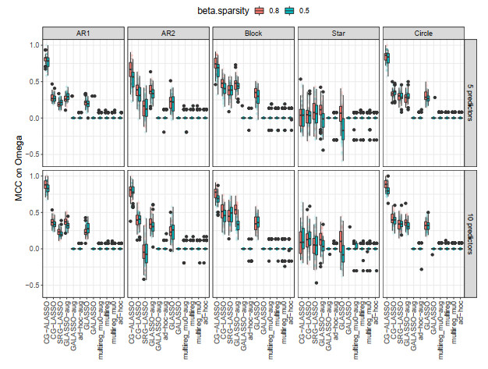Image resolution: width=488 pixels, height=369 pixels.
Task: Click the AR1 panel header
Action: (x=82, y=33)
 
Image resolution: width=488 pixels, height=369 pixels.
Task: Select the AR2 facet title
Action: (x=168, y=33)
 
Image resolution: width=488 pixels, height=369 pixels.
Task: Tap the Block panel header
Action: (x=253, y=33)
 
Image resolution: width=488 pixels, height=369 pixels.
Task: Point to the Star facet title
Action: (x=338, y=33)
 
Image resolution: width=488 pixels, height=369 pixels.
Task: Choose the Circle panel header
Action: (x=423, y=33)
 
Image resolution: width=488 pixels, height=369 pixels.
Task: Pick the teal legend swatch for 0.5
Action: (x=271, y=12)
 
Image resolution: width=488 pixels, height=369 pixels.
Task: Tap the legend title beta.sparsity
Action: (x=200, y=12)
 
